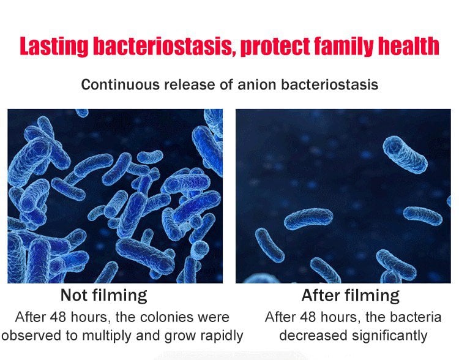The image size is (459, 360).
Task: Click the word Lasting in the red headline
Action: [54, 47]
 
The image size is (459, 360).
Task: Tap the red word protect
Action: [275, 47]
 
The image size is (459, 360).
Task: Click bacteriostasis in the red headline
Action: [164, 47]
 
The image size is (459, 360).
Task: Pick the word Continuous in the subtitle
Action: [121, 84]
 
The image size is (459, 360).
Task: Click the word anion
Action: [256, 84]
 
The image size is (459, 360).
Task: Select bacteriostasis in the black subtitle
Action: [330, 84]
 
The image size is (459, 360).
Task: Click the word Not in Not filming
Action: [74, 295]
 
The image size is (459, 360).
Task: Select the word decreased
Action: [313, 336]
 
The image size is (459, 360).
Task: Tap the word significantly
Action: [390, 336]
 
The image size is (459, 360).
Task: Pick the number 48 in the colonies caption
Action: [58, 317]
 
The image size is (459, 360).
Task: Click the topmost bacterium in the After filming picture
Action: [405, 154]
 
